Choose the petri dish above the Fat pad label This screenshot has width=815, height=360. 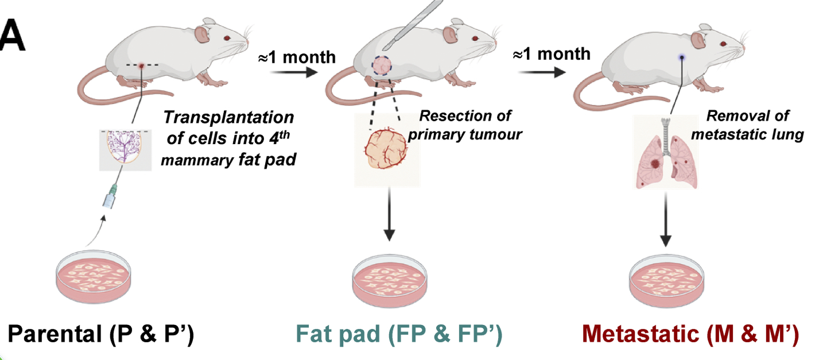point(389,277)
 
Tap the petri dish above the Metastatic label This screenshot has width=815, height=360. point(666,277)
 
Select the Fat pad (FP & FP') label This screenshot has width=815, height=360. point(399,335)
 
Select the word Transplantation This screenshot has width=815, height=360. point(228,118)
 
